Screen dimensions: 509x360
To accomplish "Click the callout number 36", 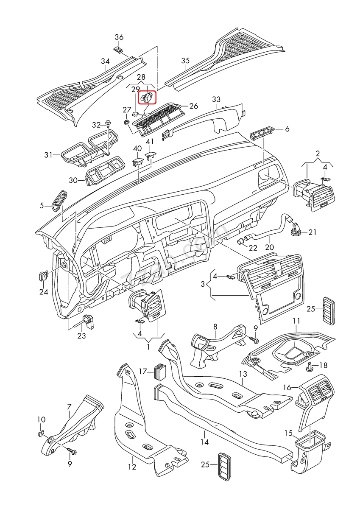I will click(x=119, y=37).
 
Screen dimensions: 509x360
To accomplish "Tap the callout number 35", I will click(x=185, y=61).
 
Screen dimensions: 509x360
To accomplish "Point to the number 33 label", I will click(x=216, y=99).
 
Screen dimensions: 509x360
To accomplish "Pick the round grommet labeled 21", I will click(x=295, y=229).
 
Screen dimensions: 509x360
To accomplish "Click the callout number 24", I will click(x=44, y=292).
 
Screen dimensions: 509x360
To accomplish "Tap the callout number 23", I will click(x=81, y=336).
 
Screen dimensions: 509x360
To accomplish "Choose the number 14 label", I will click(x=205, y=442).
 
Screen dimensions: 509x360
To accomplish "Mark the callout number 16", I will click(x=287, y=387).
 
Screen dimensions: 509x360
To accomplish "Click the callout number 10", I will click(x=41, y=420).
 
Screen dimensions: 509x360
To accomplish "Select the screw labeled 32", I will click(x=109, y=124).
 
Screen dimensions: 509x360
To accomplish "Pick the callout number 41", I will click(x=150, y=141).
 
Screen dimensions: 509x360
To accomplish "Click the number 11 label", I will click(x=296, y=321).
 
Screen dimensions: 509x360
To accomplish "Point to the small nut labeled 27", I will click(x=126, y=122).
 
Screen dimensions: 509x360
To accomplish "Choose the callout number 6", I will click(x=287, y=129).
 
